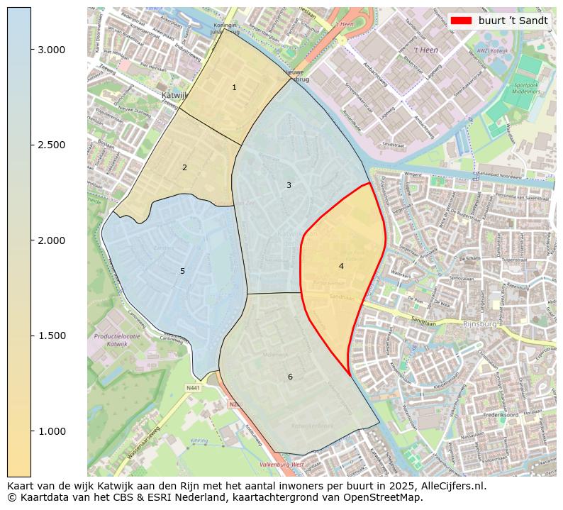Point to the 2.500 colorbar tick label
(x=51, y=145)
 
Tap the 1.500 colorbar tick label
(x=51, y=336)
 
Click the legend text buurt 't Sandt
(x=513, y=21)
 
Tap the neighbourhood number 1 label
(x=234, y=87)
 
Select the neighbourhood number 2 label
(x=184, y=167)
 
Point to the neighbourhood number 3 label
(x=289, y=185)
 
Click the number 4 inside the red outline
(x=341, y=266)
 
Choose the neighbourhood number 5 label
(x=182, y=271)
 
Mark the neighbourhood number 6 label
(x=290, y=377)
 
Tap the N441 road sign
(x=193, y=388)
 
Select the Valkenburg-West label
(x=281, y=465)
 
